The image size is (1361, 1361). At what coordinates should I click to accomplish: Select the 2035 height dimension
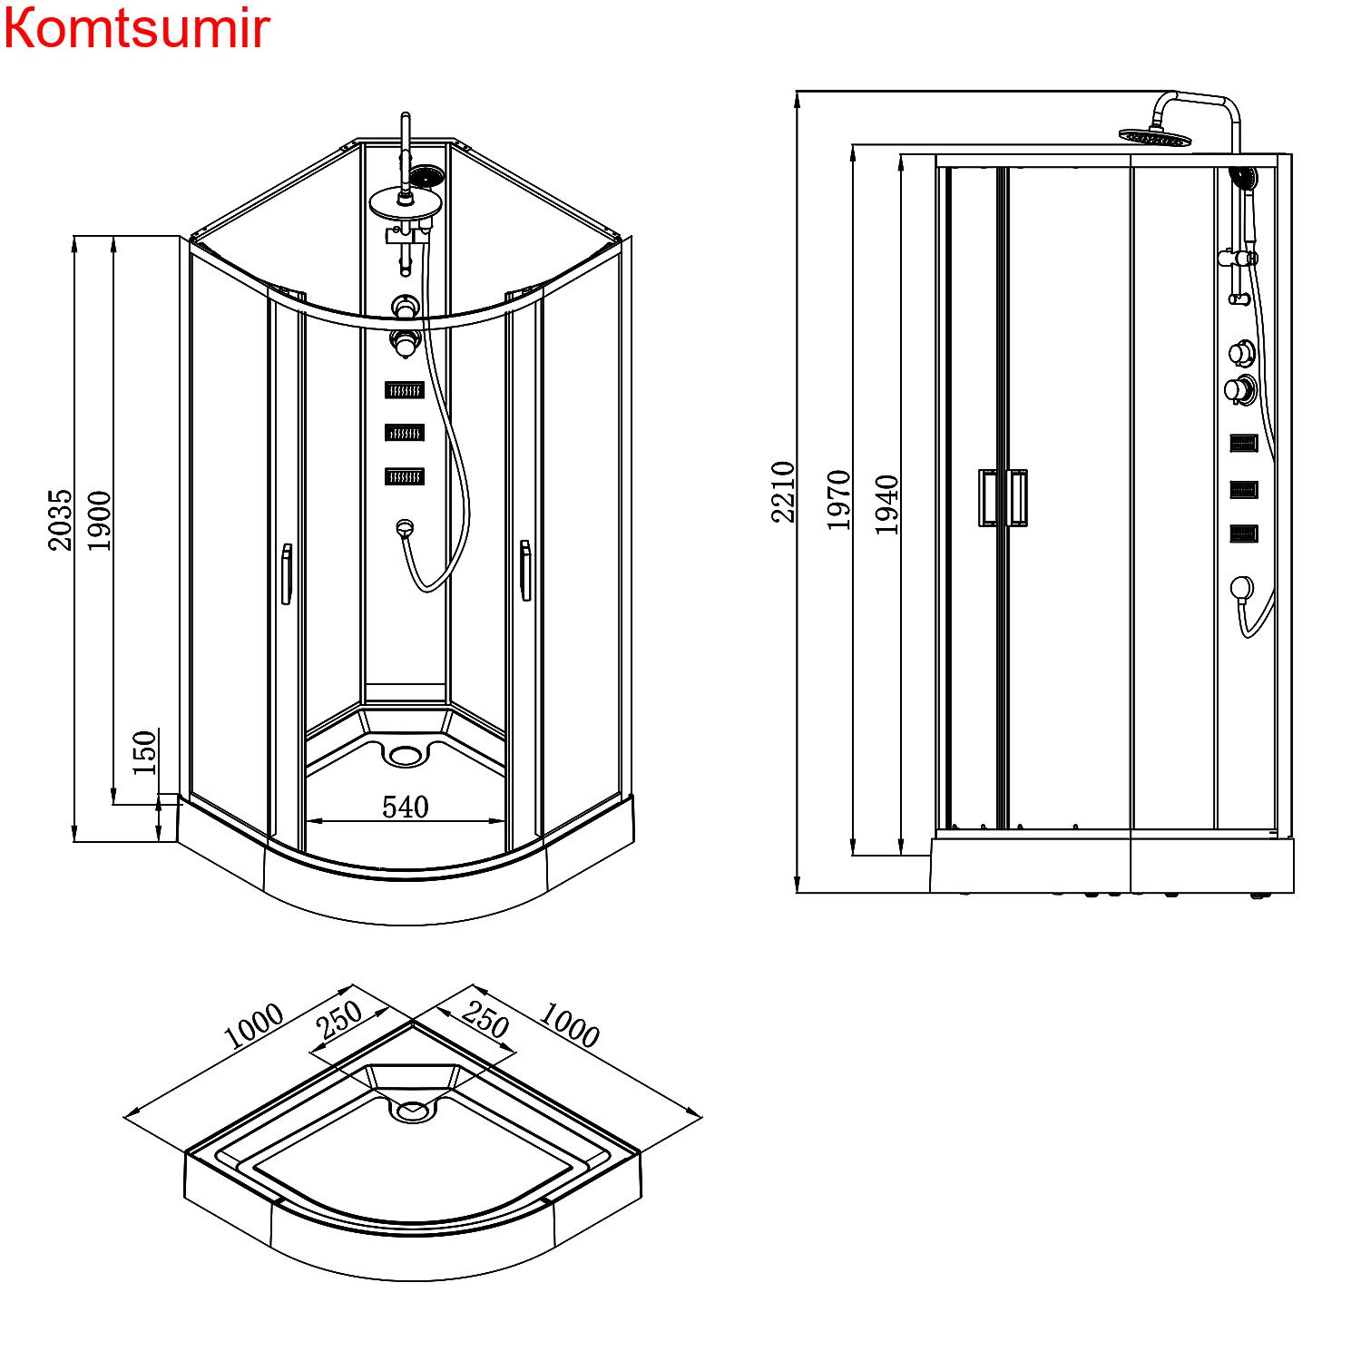(x=60, y=519)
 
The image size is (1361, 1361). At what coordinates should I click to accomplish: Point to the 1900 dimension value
(x=99, y=520)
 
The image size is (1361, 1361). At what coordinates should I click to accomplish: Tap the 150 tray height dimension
(x=144, y=752)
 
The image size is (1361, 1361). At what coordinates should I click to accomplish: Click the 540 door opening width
(x=405, y=807)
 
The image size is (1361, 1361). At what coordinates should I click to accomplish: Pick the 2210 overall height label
(x=783, y=492)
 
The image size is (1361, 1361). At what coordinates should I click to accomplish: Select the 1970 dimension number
(x=838, y=499)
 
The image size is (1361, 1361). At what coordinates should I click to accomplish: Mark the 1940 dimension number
(x=886, y=504)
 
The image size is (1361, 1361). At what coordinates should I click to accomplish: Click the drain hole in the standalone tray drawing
(x=413, y=1110)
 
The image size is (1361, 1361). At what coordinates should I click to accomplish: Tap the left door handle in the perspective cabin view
(x=287, y=573)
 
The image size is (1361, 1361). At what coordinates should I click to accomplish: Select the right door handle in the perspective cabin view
(x=524, y=570)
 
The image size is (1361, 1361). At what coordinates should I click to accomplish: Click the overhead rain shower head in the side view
(x=1154, y=137)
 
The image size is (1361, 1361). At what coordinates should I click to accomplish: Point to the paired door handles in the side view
(x=1003, y=497)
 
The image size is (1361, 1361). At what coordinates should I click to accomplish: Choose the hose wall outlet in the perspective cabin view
(x=405, y=526)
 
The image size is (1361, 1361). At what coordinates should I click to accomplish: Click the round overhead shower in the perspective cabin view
(x=405, y=203)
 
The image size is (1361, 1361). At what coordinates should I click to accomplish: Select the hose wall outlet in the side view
(x=1241, y=588)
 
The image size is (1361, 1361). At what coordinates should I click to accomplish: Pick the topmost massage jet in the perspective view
(x=405, y=390)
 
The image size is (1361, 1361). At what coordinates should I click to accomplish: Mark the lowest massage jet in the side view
(x=1243, y=534)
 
